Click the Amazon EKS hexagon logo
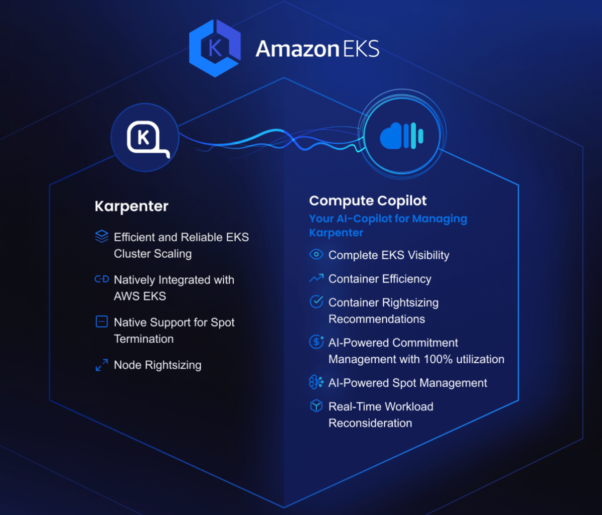(215, 48)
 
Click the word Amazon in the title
(297, 49)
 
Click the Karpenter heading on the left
(131, 206)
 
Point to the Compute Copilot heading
(368, 200)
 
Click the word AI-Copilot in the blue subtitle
(364, 219)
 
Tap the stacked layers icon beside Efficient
(102, 236)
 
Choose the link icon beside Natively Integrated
(102, 279)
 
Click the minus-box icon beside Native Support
(102, 322)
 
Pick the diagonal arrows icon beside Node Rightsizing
(102, 365)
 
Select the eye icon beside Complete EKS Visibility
(316, 254)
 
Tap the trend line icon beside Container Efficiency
(316, 278)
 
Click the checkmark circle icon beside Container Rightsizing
(316, 301)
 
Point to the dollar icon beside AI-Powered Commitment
(316, 342)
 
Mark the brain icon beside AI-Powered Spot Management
(316, 382)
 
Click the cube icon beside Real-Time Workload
(316, 405)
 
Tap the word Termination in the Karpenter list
(143, 339)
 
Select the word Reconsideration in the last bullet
(370, 423)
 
